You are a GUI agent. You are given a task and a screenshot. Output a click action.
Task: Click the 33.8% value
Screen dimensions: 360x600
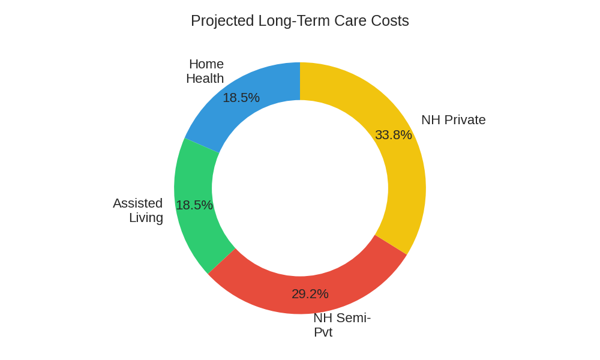tap(394, 135)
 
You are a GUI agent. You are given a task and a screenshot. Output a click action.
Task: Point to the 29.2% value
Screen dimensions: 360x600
tap(310, 294)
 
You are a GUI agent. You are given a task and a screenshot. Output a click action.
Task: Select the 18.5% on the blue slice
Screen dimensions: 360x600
tap(241, 98)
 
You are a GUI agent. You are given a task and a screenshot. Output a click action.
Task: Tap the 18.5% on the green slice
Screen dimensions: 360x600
tap(194, 205)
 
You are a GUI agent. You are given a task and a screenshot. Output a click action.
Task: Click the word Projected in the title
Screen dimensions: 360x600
tap(222, 21)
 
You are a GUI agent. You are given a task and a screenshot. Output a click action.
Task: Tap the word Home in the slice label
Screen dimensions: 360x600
tap(206, 64)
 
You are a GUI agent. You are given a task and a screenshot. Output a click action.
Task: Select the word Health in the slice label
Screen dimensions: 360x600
tap(205, 79)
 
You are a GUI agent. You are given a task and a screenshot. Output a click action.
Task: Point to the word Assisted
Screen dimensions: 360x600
tap(138, 203)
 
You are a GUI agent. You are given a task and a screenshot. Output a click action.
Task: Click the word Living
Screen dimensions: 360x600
tap(146, 218)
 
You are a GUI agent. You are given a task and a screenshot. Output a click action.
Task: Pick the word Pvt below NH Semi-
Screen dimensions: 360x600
tap(323, 332)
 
